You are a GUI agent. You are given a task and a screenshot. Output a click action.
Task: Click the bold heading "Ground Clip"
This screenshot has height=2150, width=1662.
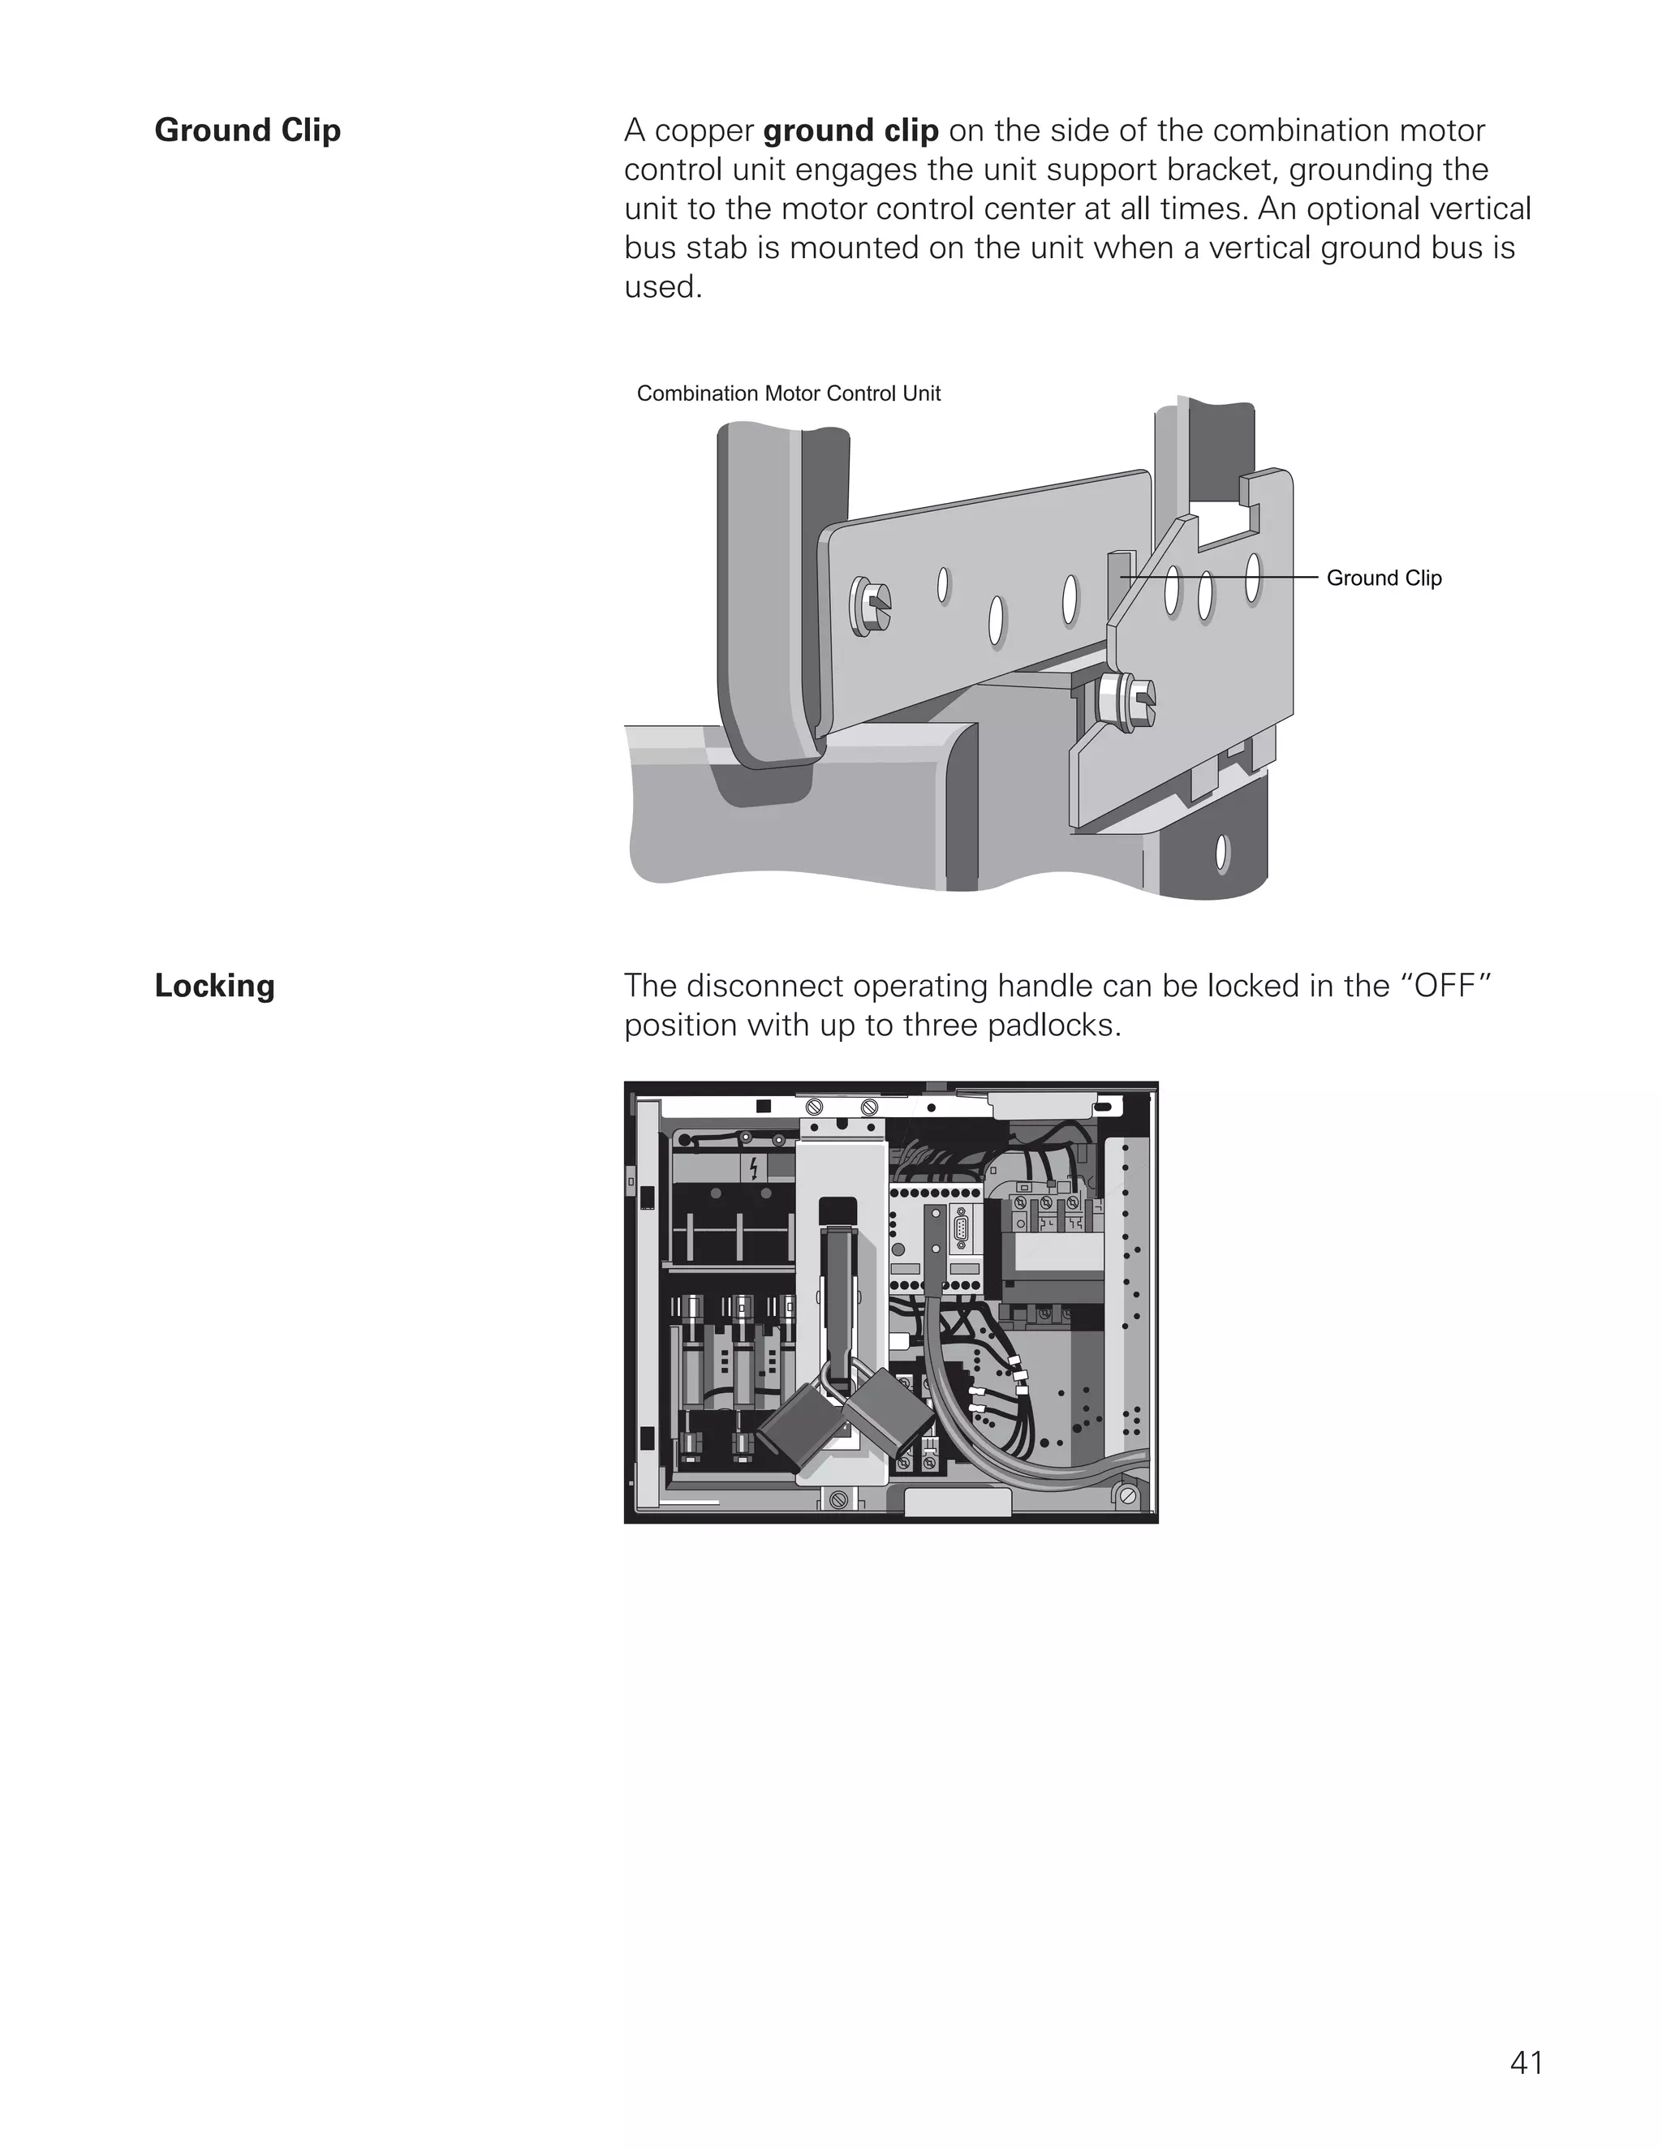point(248,131)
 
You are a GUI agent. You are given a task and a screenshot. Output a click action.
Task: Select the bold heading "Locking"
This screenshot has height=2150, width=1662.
point(214,986)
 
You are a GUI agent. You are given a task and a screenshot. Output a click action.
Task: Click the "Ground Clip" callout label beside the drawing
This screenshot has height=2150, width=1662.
point(1384,578)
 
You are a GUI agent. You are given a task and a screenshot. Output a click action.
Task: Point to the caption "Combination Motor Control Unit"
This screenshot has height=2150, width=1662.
point(788,393)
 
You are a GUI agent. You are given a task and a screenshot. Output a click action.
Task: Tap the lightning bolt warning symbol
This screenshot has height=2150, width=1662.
point(753,1168)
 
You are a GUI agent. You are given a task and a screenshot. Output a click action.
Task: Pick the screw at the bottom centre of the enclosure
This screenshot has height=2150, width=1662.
point(837,1499)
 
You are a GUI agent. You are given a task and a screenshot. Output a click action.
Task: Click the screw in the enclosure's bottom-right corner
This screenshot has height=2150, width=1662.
point(1128,1496)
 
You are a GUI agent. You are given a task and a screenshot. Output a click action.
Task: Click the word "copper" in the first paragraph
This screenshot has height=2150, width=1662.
point(704,131)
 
